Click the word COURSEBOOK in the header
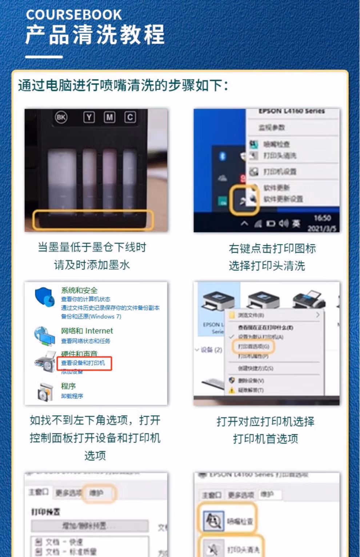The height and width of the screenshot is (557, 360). tap(74, 15)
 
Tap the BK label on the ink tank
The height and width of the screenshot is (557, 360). tap(61, 117)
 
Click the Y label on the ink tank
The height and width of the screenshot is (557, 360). tap(89, 117)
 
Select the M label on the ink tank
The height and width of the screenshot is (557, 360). tap(109, 117)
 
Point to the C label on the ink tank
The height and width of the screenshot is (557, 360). tap(130, 117)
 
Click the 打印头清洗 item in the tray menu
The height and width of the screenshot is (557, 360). tap(280, 156)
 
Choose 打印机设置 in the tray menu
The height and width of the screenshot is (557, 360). tap(280, 171)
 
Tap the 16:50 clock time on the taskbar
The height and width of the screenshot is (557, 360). tap(322, 218)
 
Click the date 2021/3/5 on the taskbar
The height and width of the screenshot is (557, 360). tap(322, 229)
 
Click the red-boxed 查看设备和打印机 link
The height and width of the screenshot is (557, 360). tap(83, 363)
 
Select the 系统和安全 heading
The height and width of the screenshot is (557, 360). tap(79, 290)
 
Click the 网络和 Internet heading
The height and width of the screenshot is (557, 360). tap(87, 331)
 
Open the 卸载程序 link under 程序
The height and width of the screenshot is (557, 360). tap(72, 396)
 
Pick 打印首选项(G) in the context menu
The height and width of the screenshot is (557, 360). tap(253, 346)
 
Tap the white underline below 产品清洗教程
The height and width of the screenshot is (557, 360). tap(44, 57)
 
